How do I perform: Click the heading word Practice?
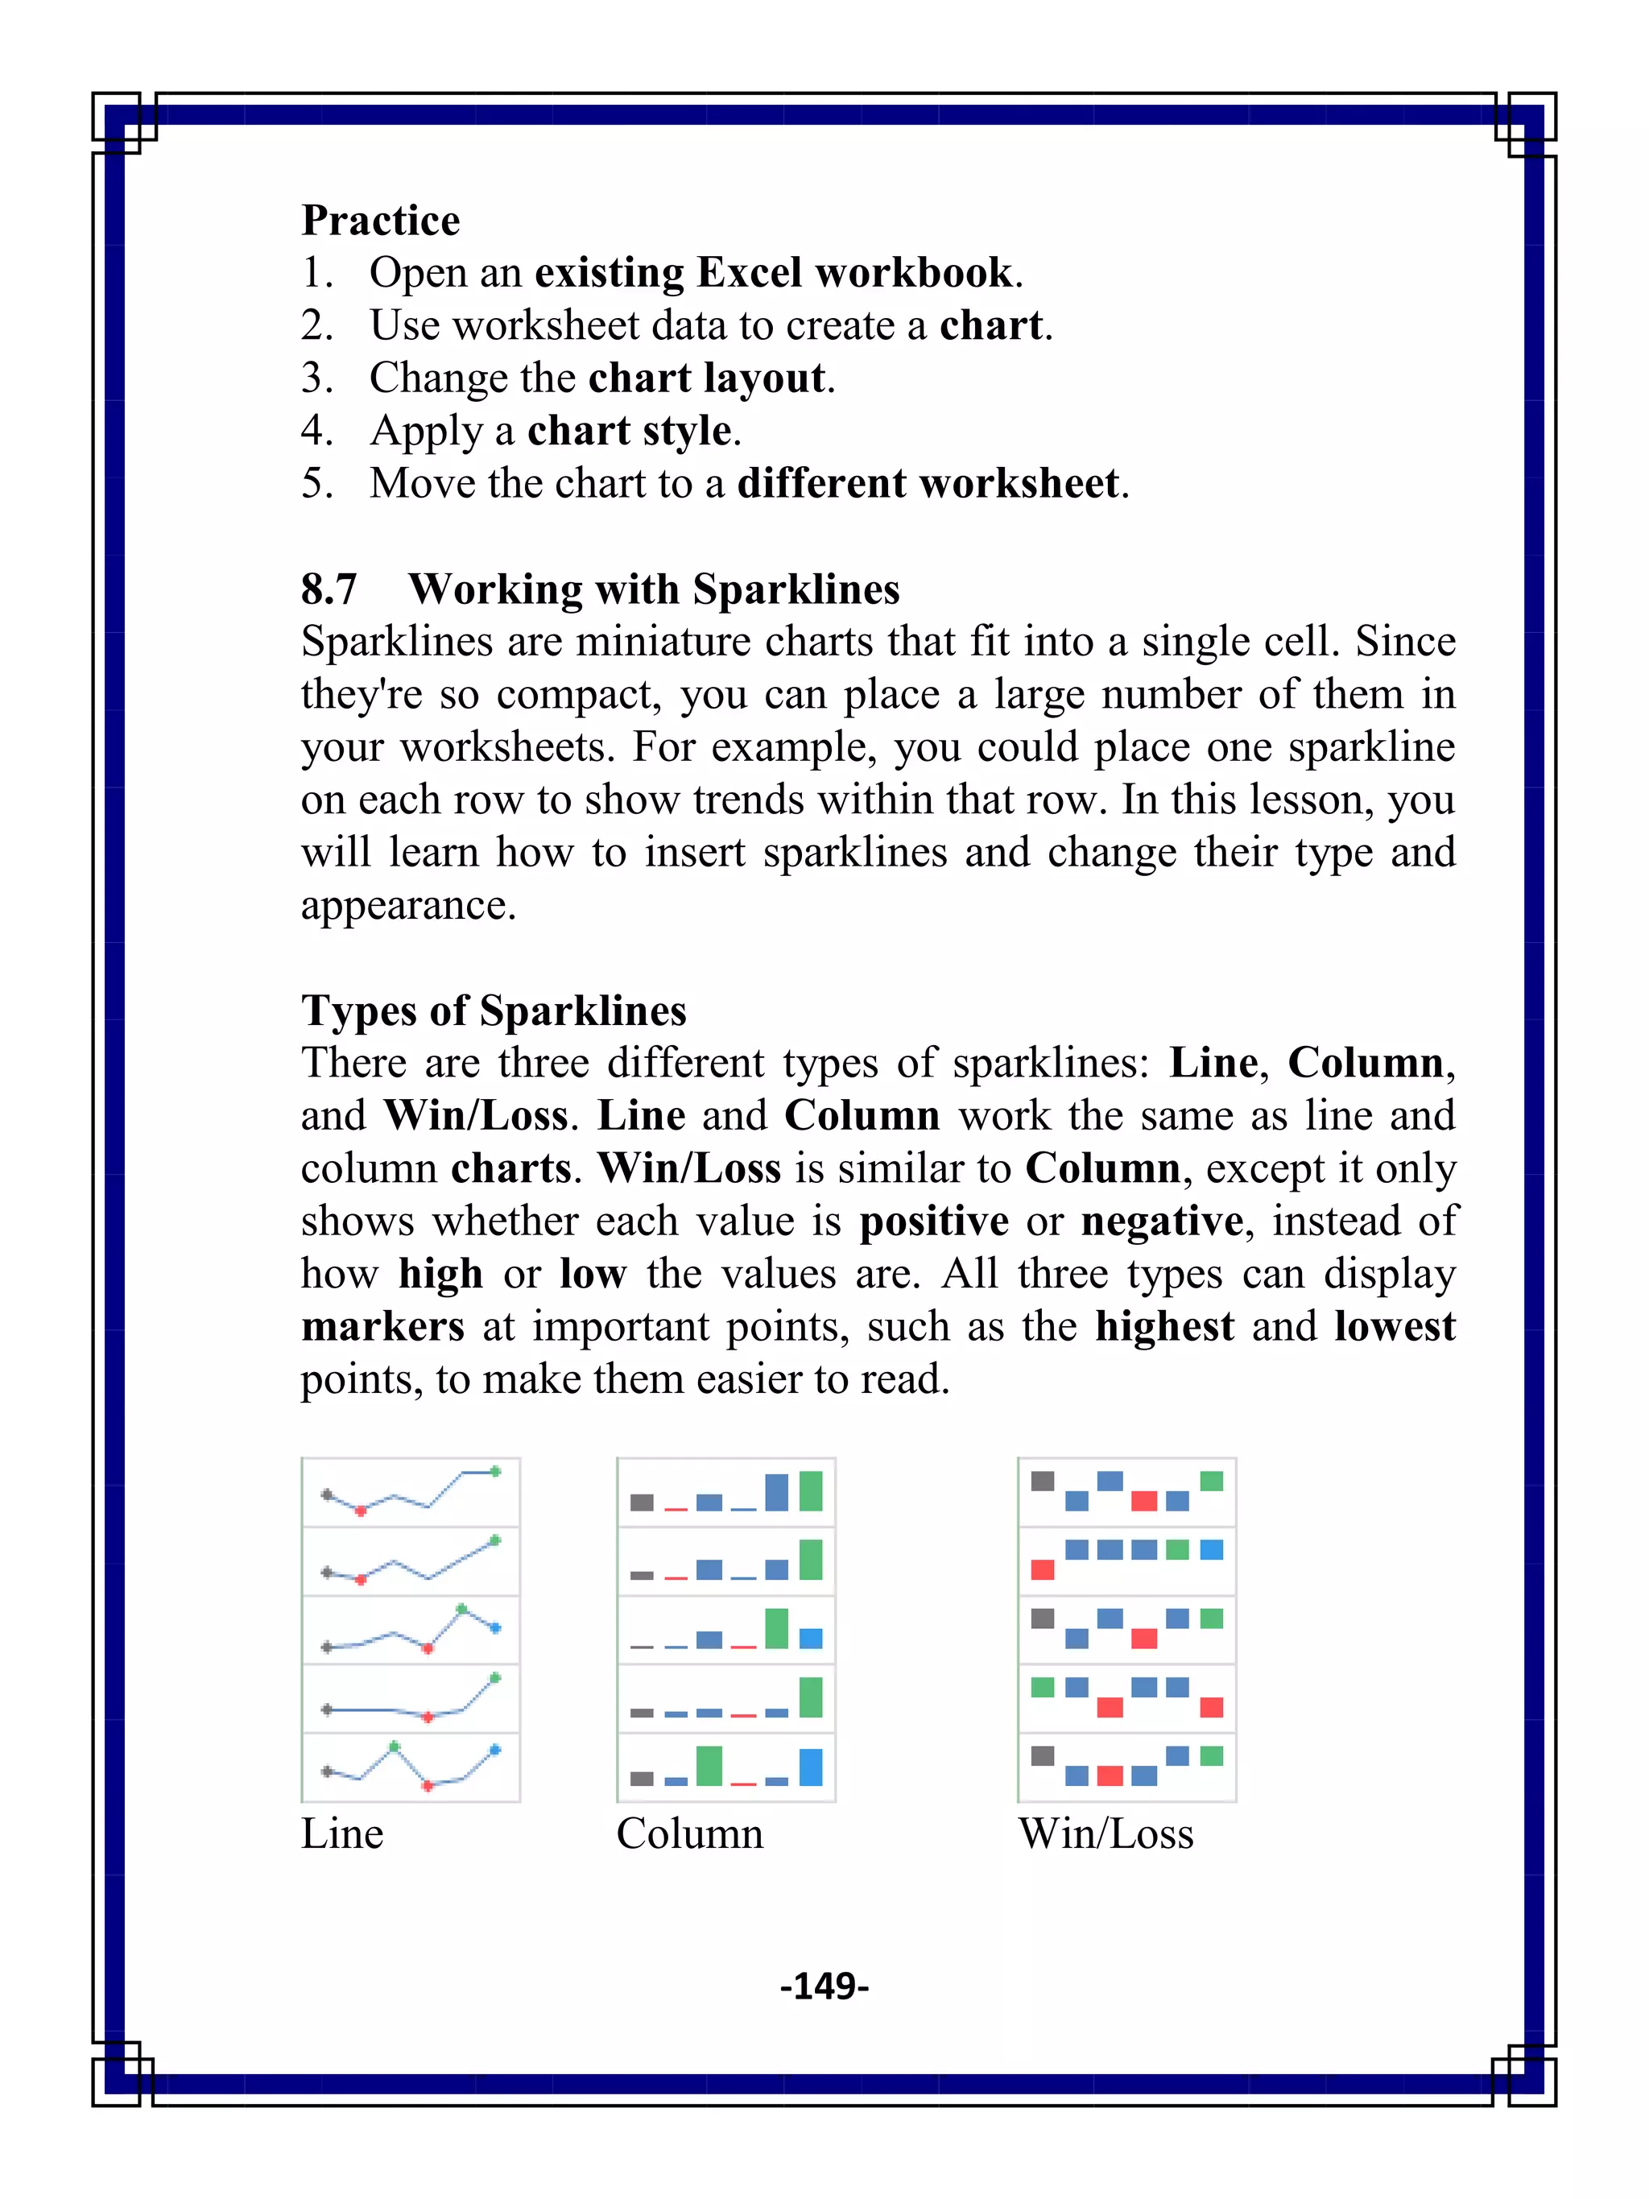(381, 220)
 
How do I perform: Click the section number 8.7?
(329, 589)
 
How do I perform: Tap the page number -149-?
(824, 1986)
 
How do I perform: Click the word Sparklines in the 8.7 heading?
(796, 589)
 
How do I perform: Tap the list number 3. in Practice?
(317, 378)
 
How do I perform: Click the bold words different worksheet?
(928, 483)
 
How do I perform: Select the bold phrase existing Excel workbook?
(773, 272)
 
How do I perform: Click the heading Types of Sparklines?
(494, 1010)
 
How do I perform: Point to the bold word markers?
(382, 1326)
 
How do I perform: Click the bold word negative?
(1162, 1221)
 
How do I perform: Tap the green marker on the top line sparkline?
(495, 1471)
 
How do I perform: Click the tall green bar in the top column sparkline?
(811, 1491)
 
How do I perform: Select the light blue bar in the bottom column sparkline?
(811, 1767)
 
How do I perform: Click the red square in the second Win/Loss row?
(1042, 1569)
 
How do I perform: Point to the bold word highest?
(1164, 1326)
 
